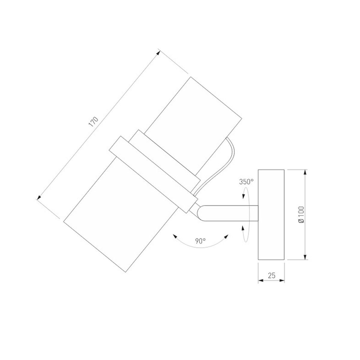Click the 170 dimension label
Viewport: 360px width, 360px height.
[94, 122]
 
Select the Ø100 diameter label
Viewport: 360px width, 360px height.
[301, 215]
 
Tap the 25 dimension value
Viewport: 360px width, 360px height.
[271, 275]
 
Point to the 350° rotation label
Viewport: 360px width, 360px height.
[246, 182]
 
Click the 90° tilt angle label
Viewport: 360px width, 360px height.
[200, 241]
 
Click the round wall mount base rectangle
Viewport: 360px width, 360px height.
[271, 214]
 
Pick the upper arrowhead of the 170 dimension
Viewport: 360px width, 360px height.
[158, 53]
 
